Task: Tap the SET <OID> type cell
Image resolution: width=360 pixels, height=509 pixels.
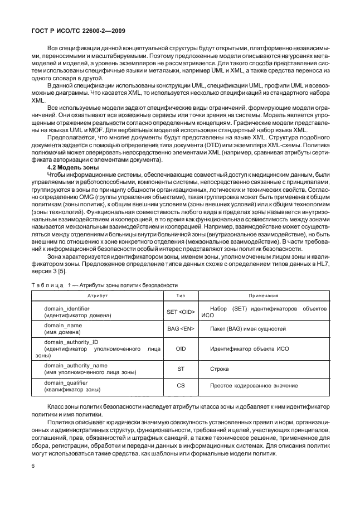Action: click(181, 312)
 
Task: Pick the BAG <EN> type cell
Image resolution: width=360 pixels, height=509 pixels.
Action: click(181, 329)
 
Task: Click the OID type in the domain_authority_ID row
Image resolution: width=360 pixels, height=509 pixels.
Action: click(181, 350)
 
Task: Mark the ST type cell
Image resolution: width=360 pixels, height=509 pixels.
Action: click(181, 369)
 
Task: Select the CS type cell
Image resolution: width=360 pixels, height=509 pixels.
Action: click(181, 386)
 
